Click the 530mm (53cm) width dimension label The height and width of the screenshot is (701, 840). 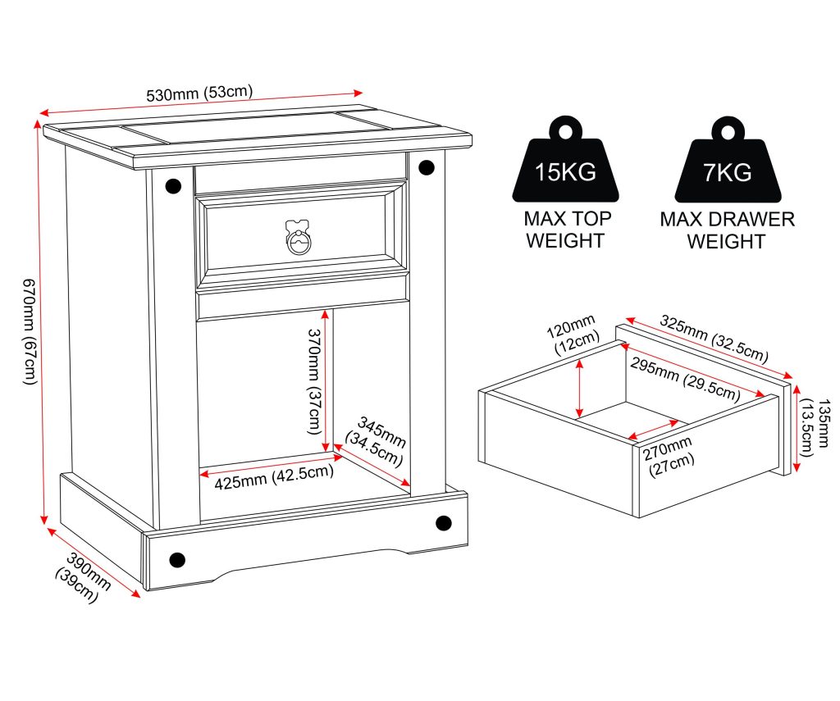(199, 93)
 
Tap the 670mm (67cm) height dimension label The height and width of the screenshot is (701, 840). (30, 330)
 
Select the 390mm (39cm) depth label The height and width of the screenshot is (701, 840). (83, 578)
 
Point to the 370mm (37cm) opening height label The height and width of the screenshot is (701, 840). (313, 381)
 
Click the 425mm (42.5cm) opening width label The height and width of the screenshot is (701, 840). (274, 476)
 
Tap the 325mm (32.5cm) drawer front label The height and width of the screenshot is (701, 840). (714, 339)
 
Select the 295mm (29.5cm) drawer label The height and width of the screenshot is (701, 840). (685, 379)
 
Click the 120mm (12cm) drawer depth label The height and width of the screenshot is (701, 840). (572, 335)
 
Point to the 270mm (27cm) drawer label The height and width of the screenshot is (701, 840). (669, 456)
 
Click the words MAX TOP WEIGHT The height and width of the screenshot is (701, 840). (566, 230)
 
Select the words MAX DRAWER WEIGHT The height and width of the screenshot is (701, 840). (727, 230)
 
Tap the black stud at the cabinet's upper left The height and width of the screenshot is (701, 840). (173, 186)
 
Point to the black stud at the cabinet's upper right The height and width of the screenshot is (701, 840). (427, 167)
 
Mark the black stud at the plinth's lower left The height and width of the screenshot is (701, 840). (177, 560)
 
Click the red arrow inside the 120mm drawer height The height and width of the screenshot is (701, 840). (579, 389)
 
